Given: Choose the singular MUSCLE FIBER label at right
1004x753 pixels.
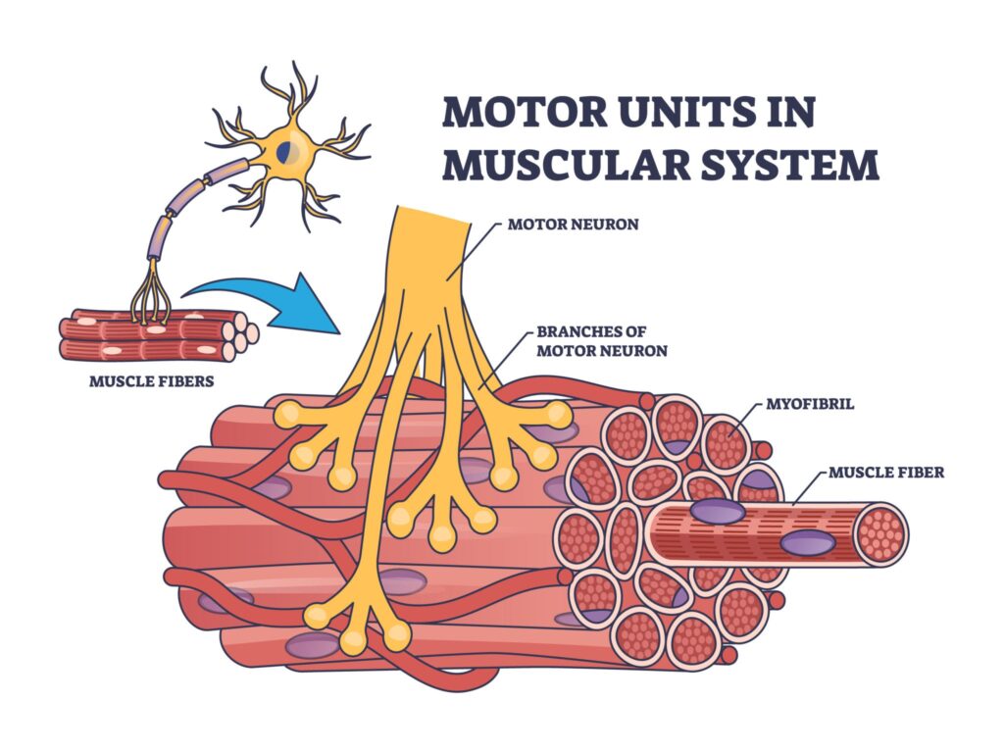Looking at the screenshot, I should click(x=886, y=473).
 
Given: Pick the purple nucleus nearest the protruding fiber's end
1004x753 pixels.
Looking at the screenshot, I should click(x=806, y=542).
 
